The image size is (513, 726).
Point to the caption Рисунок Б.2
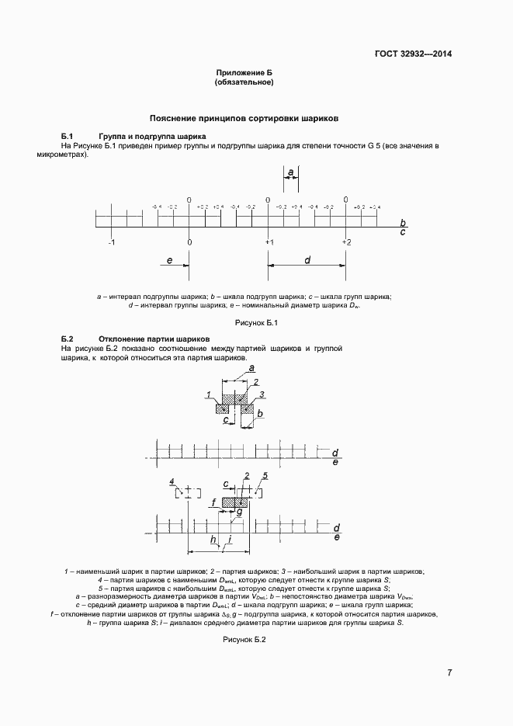click(244, 640)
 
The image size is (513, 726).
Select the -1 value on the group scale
click(111, 241)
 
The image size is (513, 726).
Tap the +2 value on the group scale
click(346, 241)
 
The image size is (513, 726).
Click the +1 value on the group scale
click(269, 241)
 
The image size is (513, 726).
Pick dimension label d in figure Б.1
click(307, 260)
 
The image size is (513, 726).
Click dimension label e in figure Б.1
click(168, 260)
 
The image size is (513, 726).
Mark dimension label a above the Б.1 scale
click(290, 171)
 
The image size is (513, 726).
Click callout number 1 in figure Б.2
click(209, 395)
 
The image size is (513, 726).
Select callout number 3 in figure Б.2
click(262, 395)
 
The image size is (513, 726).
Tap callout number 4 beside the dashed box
click(172, 482)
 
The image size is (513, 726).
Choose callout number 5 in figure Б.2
click(265, 475)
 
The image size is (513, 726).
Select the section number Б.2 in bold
click(67, 340)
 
